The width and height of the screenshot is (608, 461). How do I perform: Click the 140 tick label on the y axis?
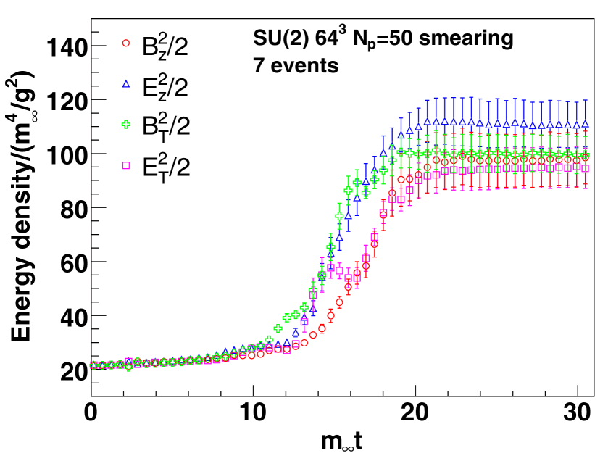(67, 48)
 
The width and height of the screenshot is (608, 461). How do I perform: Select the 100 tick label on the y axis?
(67, 154)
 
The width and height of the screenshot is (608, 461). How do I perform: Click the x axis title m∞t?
(343, 442)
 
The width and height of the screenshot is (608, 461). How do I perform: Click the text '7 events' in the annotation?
(296, 66)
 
